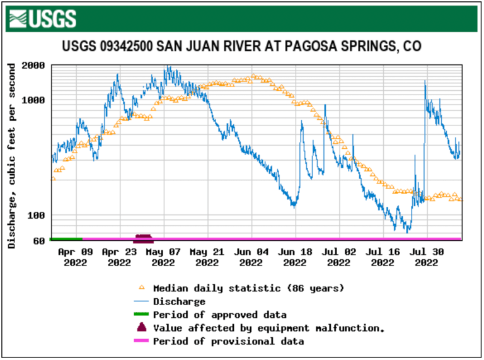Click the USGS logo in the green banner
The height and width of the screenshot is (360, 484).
(x=43, y=18)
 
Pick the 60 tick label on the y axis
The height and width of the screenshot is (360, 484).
(x=38, y=240)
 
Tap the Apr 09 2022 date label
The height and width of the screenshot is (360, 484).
(x=75, y=256)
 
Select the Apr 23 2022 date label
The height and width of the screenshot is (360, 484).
(x=119, y=256)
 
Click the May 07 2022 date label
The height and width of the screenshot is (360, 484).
(x=163, y=256)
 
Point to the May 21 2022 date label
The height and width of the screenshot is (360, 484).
(x=207, y=256)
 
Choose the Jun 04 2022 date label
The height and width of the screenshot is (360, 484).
(x=251, y=256)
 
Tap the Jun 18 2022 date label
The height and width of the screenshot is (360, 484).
(x=295, y=256)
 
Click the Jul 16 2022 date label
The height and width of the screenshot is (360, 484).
(x=383, y=256)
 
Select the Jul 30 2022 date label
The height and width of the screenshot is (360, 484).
(x=427, y=256)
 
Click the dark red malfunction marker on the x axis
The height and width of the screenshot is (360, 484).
(x=143, y=238)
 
